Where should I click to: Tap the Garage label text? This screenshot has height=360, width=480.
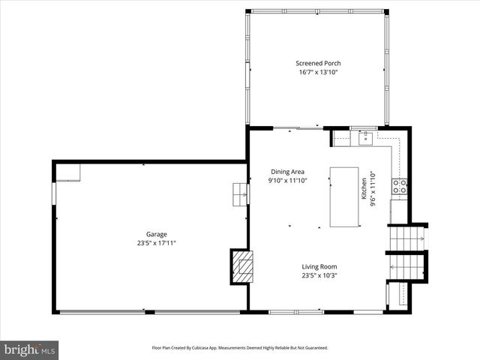tap(157, 234)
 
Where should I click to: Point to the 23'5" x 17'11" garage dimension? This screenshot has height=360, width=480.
tap(157, 242)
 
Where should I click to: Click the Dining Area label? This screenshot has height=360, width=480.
tap(287, 172)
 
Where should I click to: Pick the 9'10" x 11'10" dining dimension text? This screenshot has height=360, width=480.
tap(287, 181)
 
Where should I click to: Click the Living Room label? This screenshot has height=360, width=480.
tap(319, 266)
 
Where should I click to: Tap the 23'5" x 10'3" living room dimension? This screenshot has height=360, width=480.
tap(319, 274)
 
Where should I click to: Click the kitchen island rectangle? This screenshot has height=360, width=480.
tap(344, 196)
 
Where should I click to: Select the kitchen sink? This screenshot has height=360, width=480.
tap(365, 137)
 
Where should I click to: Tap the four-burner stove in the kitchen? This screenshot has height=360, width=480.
tap(400, 187)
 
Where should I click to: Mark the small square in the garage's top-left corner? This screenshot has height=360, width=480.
tap(68, 172)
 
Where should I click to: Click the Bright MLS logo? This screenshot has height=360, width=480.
tap(29, 349)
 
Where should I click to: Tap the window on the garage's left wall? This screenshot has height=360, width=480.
tap(53, 193)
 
